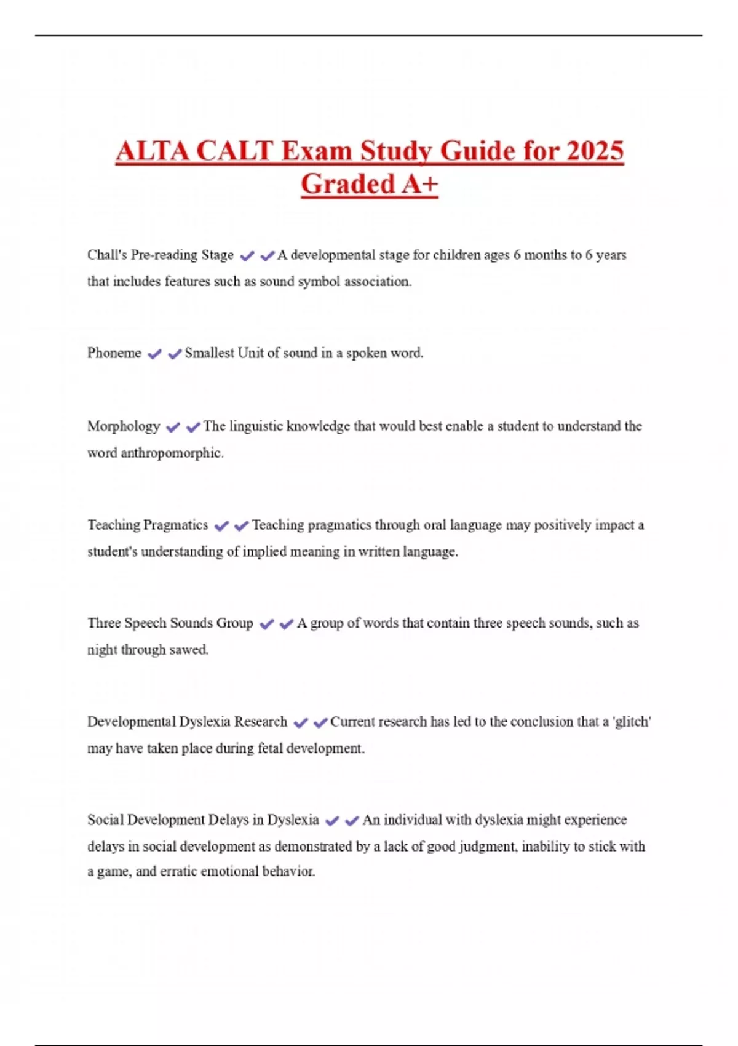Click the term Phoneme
coord(114,353)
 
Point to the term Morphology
coord(124,426)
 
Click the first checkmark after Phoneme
coord(155,354)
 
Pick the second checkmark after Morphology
coord(193,427)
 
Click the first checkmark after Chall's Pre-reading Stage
coord(247,256)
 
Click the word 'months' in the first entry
coord(544,255)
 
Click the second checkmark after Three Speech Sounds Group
coord(287,624)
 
